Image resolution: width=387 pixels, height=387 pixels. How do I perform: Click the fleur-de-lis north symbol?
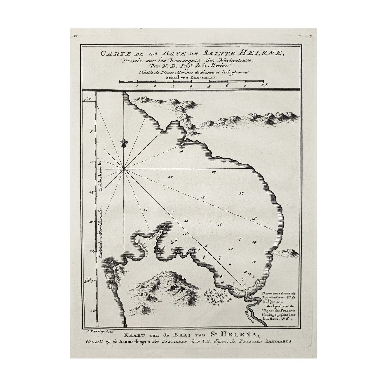[x=124, y=143]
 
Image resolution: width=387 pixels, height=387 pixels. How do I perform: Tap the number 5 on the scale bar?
[x=209, y=86]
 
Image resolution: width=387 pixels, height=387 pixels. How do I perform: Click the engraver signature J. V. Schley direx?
[x=97, y=331]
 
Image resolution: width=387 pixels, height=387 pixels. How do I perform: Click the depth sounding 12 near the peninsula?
[x=145, y=209]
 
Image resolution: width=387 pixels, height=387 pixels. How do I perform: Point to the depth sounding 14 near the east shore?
[x=254, y=242]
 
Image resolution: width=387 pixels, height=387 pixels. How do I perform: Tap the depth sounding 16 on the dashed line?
[x=253, y=219]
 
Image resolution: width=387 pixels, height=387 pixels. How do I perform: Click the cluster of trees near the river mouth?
[x=218, y=297]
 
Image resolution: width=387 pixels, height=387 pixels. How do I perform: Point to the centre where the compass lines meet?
[x=124, y=169]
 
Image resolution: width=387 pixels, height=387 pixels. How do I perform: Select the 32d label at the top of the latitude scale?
[x=86, y=101]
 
